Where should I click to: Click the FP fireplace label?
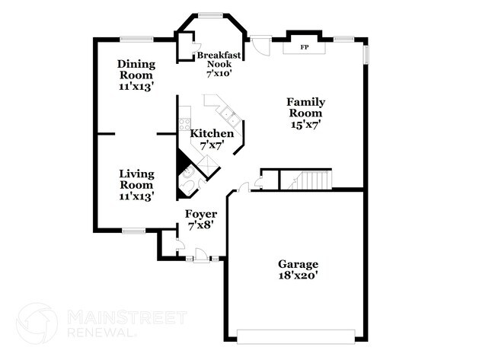[x=305, y=47]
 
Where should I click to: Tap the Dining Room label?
[x=136, y=69]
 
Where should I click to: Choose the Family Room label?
[x=305, y=107]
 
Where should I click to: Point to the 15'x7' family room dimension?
[x=305, y=126]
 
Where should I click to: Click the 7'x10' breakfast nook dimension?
[x=218, y=74]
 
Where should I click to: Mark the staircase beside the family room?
[x=312, y=181]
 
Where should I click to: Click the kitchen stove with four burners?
[x=184, y=121]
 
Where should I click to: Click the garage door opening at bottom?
[x=296, y=335]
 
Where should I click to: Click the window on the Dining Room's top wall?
[x=136, y=39]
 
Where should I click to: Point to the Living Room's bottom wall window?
[x=134, y=230]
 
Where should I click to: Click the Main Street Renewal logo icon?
[x=37, y=323]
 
